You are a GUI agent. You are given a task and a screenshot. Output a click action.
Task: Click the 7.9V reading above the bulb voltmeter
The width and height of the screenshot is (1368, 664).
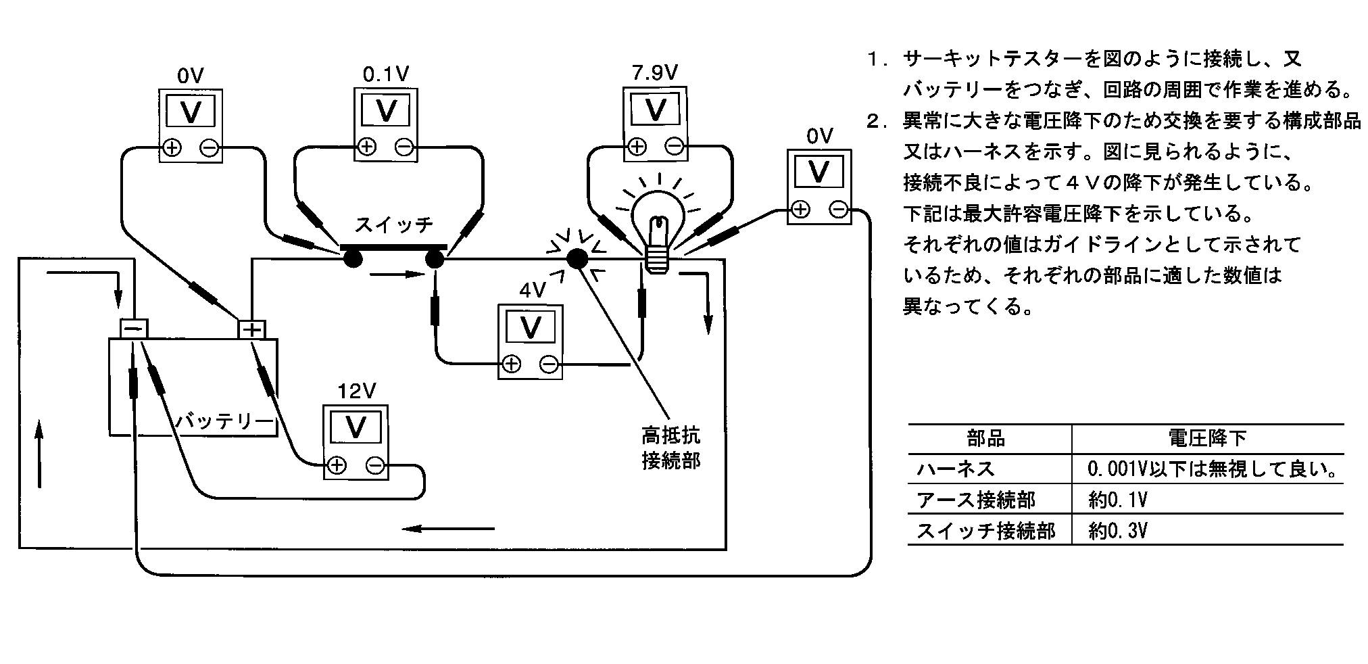click(x=654, y=72)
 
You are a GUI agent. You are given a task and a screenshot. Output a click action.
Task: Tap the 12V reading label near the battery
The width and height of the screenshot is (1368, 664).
click(x=356, y=391)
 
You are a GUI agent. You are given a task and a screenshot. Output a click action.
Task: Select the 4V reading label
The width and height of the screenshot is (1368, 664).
click(x=533, y=291)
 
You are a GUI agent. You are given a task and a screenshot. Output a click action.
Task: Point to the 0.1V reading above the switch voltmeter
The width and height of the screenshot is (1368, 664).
click(x=386, y=74)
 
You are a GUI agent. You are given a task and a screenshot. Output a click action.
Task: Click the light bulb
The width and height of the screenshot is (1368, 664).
click(x=656, y=223)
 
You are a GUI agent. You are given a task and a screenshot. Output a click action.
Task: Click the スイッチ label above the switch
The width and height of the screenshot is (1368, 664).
click(x=393, y=224)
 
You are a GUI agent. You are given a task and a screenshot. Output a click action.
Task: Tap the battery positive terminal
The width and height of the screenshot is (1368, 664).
click(x=251, y=329)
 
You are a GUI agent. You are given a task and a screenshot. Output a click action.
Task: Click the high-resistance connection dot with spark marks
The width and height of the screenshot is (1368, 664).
click(x=576, y=258)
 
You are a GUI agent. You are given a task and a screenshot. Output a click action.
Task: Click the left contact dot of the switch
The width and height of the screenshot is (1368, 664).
click(x=351, y=258)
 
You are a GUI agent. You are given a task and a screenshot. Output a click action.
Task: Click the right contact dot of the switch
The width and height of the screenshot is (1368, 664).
click(x=434, y=258)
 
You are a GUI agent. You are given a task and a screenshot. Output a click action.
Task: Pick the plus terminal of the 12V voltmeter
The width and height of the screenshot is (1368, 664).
click(x=336, y=465)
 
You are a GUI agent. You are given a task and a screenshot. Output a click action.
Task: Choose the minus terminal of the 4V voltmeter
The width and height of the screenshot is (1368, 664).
click(x=549, y=365)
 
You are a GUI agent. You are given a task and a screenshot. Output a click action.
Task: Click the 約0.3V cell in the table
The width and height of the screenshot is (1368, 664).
click(x=1118, y=531)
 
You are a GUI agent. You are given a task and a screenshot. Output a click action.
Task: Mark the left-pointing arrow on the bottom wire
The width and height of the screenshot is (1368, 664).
click(x=448, y=528)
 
